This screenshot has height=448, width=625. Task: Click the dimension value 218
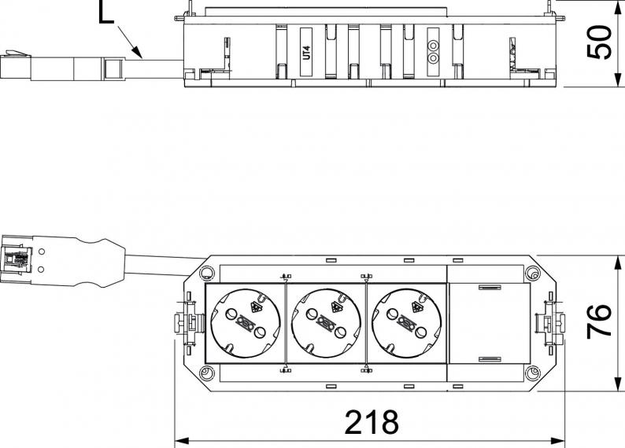coord(372,422)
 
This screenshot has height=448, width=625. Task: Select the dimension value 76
coord(599,321)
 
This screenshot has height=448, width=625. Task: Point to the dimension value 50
coord(599,42)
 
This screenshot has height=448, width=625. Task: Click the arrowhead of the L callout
coord(136,52)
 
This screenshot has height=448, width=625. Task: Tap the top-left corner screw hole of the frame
coord(206,273)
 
